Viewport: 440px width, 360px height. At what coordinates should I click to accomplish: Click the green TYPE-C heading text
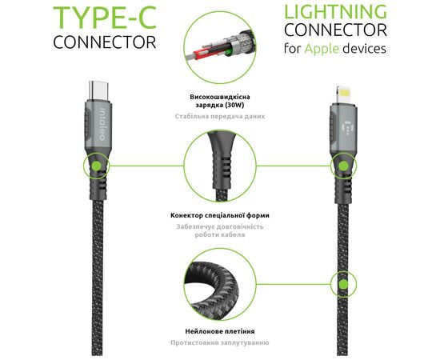click(104, 18)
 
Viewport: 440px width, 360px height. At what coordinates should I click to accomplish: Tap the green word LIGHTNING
click(336, 12)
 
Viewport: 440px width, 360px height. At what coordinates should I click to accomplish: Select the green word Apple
click(322, 49)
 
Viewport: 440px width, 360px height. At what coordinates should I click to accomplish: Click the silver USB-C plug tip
click(98, 90)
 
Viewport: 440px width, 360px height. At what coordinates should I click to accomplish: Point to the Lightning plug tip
click(343, 94)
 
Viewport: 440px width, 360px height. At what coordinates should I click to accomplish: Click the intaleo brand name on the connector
click(102, 124)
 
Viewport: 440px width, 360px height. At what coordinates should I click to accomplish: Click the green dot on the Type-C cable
click(97, 166)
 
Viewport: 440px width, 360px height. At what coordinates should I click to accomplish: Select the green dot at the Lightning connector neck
click(343, 166)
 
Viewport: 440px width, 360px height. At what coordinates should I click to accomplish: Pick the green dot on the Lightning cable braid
click(343, 284)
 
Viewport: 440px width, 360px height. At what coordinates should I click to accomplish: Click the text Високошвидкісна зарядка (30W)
click(220, 101)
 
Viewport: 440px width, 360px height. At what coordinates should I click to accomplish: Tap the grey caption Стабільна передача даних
click(220, 116)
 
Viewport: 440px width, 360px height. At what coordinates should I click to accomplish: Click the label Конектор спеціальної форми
click(220, 215)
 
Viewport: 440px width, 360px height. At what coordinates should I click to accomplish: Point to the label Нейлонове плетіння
click(220, 331)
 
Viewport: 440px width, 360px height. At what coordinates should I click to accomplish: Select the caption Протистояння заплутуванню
click(220, 342)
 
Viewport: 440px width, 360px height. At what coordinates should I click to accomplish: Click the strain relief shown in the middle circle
click(221, 166)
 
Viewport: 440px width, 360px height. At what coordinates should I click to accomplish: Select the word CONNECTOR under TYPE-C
click(104, 42)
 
